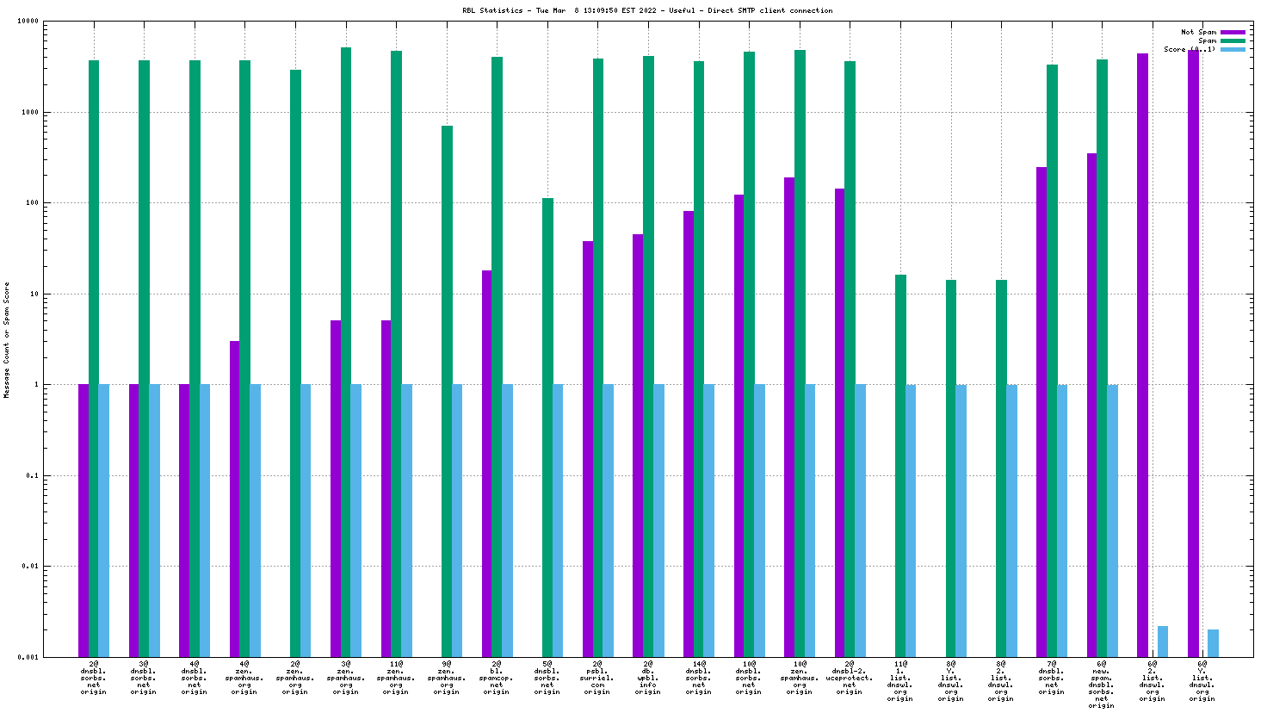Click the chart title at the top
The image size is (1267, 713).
(647, 11)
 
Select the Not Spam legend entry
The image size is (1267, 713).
(1198, 32)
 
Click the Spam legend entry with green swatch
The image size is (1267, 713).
(1208, 40)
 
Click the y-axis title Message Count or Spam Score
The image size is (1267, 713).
(7, 340)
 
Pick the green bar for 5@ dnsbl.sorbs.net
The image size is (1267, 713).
(547, 427)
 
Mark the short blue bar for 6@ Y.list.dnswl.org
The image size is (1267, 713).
(1213, 643)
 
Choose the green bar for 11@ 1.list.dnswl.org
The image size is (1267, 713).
(900, 466)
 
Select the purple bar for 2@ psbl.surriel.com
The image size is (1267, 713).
(588, 449)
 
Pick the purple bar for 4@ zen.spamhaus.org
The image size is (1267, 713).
(235, 499)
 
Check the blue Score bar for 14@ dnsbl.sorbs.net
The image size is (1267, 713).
(709, 520)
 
